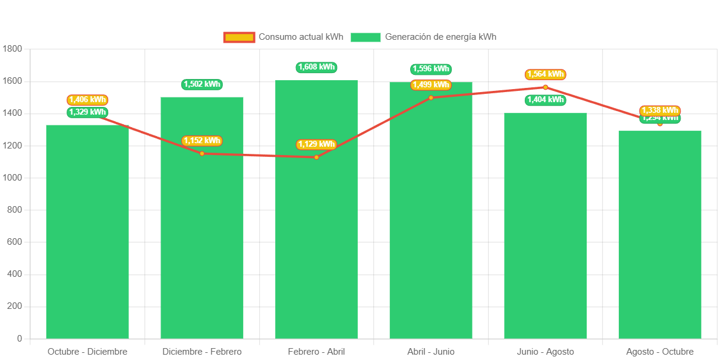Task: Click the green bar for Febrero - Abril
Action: click(316, 238)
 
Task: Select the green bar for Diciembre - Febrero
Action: click(202, 250)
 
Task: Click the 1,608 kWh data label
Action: click(316, 67)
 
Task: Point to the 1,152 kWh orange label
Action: click(201, 141)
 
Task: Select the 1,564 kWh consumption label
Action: click(545, 74)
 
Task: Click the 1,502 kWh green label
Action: click(201, 84)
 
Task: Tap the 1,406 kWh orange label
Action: click(87, 100)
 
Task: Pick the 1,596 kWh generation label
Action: click(431, 69)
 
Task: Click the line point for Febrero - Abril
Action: click(316, 157)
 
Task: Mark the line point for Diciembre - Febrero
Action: click(202, 153)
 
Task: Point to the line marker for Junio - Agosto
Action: click(546, 87)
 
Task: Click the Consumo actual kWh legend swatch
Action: click(239, 37)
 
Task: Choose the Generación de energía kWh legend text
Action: click(440, 37)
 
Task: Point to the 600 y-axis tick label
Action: click(14, 242)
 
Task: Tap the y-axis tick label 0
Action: click(20, 339)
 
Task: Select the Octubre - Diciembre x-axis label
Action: click(87, 352)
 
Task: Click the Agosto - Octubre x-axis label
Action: click(660, 352)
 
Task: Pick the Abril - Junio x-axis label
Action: click(431, 352)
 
